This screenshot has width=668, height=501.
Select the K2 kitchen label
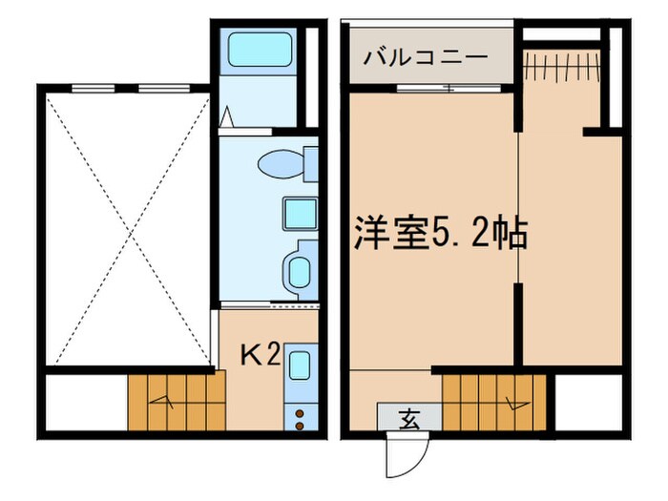point(259,356)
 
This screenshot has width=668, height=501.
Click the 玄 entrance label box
point(409,417)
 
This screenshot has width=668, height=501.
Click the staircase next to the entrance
point(496,401)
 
